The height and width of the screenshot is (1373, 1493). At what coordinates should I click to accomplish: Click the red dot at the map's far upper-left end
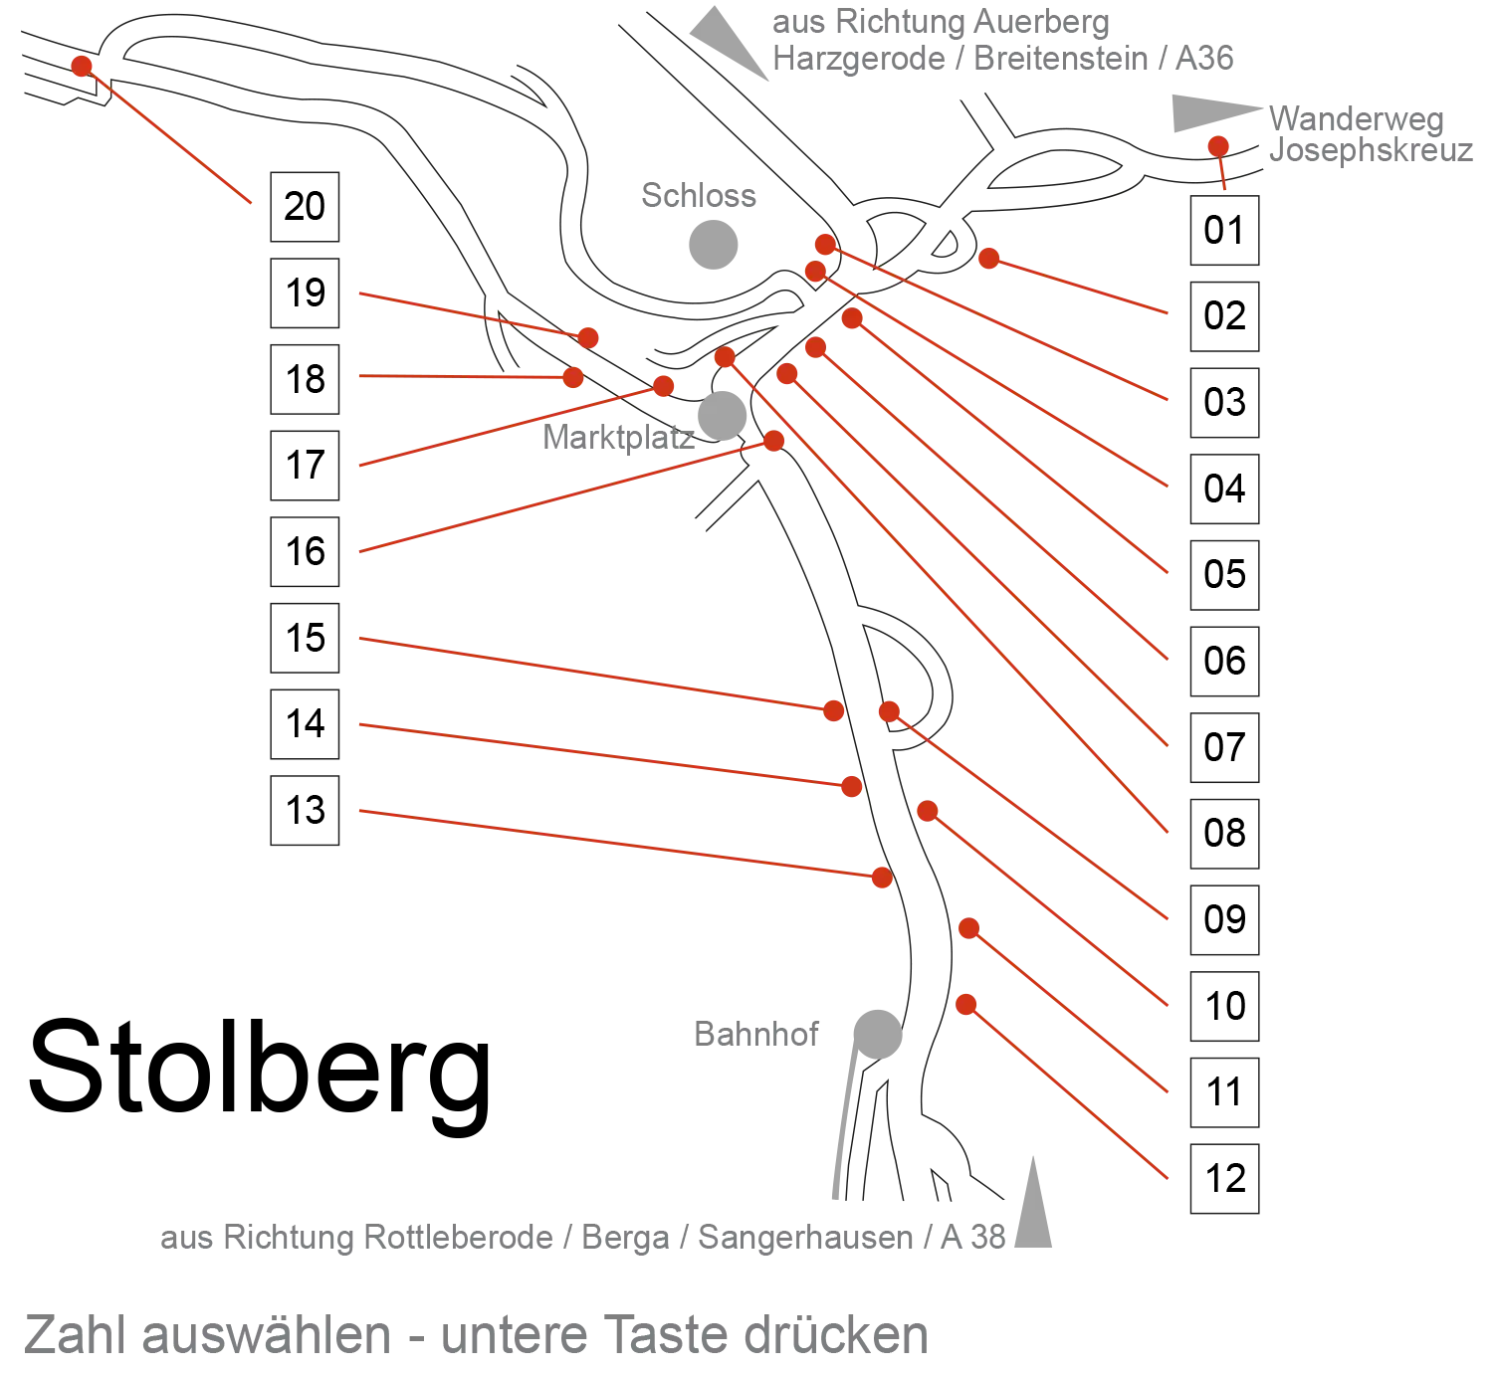(x=82, y=66)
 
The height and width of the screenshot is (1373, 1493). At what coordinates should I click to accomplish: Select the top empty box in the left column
(x=303, y=206)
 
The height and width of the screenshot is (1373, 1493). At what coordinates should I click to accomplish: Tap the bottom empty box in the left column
(x=303, y=813)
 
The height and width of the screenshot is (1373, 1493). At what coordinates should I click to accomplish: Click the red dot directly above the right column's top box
(x=1217, y=146)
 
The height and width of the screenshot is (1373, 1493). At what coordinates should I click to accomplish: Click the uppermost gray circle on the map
(x=713, y=242)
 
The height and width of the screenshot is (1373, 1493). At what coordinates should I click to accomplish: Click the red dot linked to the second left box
(x=589, y=338)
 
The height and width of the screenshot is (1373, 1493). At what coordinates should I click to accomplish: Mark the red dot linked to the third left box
(x=572, y=378)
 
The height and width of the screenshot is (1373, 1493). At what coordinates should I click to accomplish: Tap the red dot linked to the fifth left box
(x=773, y=442)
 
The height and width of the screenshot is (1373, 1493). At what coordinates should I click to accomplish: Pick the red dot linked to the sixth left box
(x=834, y=710)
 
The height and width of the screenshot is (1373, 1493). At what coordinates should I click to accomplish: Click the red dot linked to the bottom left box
(x=882, y=878)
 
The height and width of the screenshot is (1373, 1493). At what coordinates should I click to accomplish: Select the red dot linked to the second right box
(x=988, y=259)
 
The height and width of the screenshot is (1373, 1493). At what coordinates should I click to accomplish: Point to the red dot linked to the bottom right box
(x=964, y=1005)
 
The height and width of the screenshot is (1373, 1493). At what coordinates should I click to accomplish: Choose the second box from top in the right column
(x=1226, y=316)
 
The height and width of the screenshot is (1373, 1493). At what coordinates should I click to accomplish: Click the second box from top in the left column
(x=303, y=294)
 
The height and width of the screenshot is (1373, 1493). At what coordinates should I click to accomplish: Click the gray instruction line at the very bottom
(x=478, y=1335)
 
